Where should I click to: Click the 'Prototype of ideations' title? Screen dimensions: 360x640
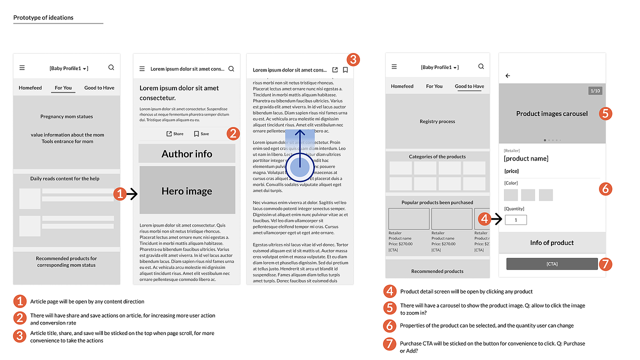point(43,17)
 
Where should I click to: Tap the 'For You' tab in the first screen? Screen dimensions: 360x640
point(63,87)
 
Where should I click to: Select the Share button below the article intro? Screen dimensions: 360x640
point(175,134)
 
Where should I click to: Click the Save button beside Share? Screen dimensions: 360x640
point(201,134)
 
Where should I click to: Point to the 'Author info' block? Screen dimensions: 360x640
point(186,154)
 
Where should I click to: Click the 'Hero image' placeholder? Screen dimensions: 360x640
point(186,191)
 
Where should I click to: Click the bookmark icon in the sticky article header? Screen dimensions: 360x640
point(345,70)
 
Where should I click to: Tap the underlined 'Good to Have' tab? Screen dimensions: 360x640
point(469,86)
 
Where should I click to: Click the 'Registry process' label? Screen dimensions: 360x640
point(437,121)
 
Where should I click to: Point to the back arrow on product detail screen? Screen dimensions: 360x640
point(508,76)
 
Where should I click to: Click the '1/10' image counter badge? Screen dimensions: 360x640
point(595,91)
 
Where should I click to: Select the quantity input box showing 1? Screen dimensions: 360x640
point(515,219)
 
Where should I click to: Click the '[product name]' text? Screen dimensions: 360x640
point(526,158)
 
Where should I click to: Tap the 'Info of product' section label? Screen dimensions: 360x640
point(551,242)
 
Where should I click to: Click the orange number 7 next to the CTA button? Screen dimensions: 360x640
point(605,263)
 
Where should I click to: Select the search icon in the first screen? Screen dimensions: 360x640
point(111,67)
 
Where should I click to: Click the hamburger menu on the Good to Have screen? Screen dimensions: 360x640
point(394,66)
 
